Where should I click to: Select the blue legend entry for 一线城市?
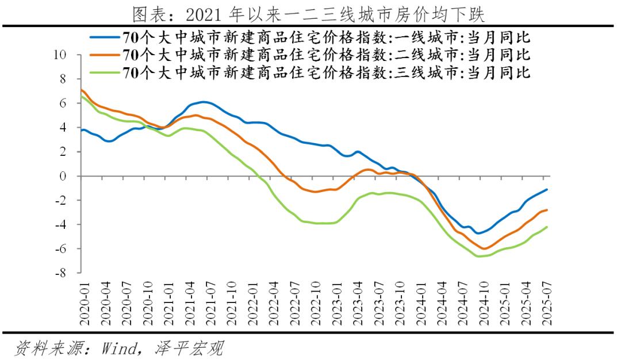pos(325,39)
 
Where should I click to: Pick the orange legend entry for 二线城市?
pos(325,56)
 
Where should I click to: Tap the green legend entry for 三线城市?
pos(325,73)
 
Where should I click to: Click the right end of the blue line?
pos(546,189)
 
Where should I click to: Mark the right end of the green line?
pos(546,227)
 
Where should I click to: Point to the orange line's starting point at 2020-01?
pos(81,89)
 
